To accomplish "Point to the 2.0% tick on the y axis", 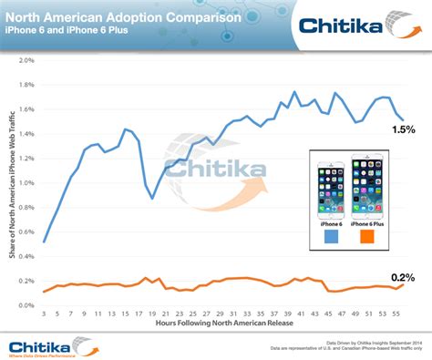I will coord(25,61).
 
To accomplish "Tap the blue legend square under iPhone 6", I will coord(332,238).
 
